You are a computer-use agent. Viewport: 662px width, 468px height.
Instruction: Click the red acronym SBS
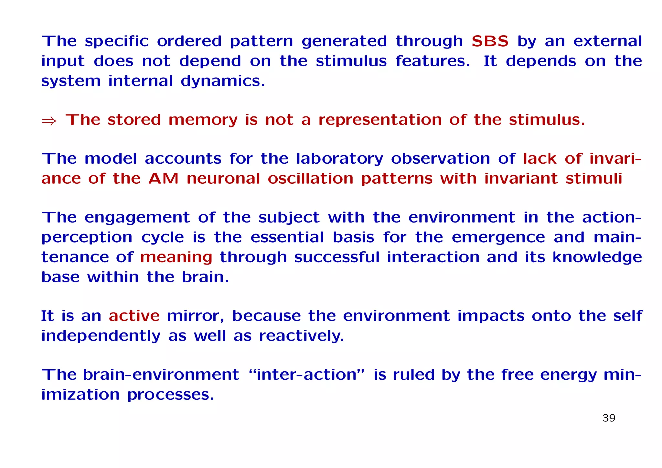point(490,41)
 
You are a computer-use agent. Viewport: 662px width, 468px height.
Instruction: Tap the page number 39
point(609,418)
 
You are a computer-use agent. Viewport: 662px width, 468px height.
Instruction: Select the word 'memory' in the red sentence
point(203,120)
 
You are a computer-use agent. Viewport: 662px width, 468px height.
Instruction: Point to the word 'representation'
point(380,120)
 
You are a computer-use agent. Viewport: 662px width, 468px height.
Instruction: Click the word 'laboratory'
point(339,159)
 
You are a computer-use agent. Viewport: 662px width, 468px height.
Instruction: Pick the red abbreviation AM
point(163,179)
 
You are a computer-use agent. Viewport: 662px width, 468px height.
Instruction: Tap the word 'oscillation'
point(310,179)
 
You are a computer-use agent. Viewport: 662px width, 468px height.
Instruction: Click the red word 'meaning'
point(176,257)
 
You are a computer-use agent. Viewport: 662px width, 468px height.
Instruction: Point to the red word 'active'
point(134,316)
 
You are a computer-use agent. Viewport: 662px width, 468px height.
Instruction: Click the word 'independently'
point(101,336)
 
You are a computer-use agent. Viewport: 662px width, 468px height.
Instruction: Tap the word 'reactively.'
point(301,336)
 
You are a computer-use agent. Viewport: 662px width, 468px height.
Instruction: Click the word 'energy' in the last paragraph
point(568,375)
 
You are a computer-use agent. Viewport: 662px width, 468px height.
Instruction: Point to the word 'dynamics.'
point(223,81)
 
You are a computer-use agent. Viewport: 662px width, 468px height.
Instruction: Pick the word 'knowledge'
point(597,257)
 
